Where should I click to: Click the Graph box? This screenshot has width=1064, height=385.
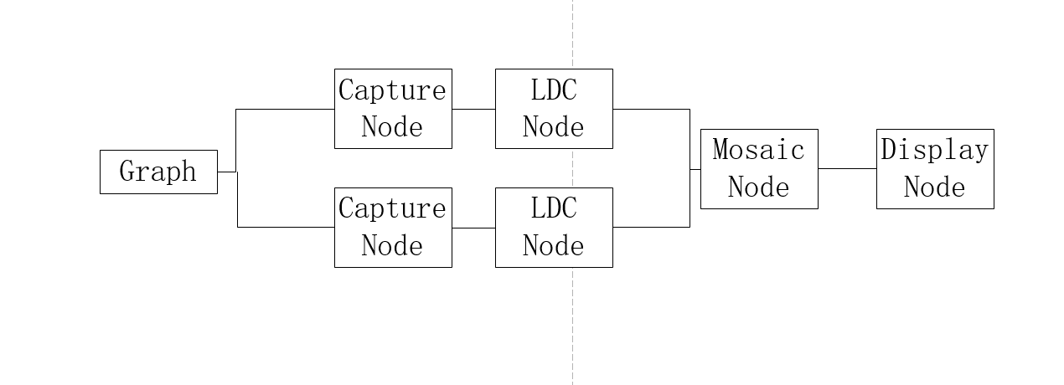(158, 172)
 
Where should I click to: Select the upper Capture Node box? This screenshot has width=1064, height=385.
(393, 109)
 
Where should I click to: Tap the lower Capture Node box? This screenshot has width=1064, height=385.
(393, 228)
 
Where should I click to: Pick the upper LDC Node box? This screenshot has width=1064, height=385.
(554, 109)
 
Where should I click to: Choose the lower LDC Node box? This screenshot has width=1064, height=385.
(554, 228)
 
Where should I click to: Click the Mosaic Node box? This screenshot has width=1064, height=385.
(759, 169)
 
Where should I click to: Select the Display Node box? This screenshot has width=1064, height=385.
(935, 169)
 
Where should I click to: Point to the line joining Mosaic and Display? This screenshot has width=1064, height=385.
(847, 168)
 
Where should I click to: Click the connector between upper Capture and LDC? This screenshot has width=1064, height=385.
(473, 109)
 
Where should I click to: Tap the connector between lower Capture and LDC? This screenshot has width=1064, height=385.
(473, 228)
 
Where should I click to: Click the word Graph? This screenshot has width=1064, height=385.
(158, 172)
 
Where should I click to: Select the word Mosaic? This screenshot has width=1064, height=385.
(758, 151)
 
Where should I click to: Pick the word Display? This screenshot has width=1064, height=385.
(935, 151)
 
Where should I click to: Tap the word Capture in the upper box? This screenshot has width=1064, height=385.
(392, 90)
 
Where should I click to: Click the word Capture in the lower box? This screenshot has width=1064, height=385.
(392, 208)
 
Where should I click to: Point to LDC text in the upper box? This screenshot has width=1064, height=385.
(554, 90)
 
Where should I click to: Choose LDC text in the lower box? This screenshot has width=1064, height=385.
(554, 208)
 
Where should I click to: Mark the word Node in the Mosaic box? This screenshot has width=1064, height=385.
(758, 187)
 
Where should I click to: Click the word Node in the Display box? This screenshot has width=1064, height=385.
(935, 187)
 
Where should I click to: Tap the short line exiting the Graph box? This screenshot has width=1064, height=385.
(227, 172)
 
